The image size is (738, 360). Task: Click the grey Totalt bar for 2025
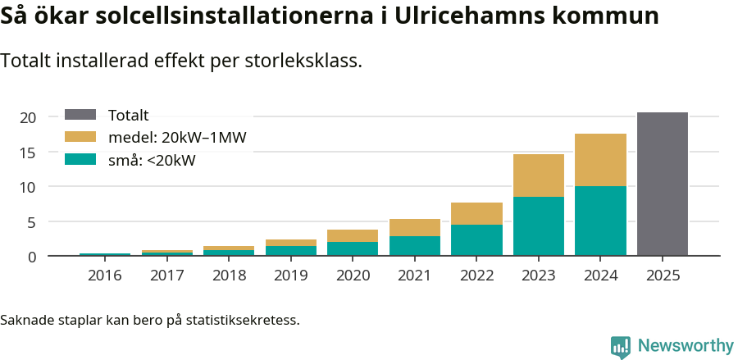(662, 184)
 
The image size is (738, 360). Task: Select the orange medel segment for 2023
(538, 175)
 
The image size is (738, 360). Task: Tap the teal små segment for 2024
(600, 221)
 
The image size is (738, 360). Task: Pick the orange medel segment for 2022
(476, 213)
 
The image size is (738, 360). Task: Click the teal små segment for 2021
(414, 245)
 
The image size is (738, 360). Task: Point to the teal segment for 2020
(353, 248)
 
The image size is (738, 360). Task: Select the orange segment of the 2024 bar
(600, 160)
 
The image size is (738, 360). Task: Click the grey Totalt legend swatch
(80, 116)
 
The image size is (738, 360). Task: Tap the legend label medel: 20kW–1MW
(177, 138)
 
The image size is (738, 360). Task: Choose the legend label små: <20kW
(152, 160)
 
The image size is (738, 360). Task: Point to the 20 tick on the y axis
(28, 118)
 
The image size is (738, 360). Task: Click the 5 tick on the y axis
(32, 222)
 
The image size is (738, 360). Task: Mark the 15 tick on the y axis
(28, 153)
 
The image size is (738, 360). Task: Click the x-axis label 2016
(104, 276)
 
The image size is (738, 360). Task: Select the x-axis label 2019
(290, 276)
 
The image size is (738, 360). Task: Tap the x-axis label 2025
(662, 276)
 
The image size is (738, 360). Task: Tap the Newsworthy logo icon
(621, 346)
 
